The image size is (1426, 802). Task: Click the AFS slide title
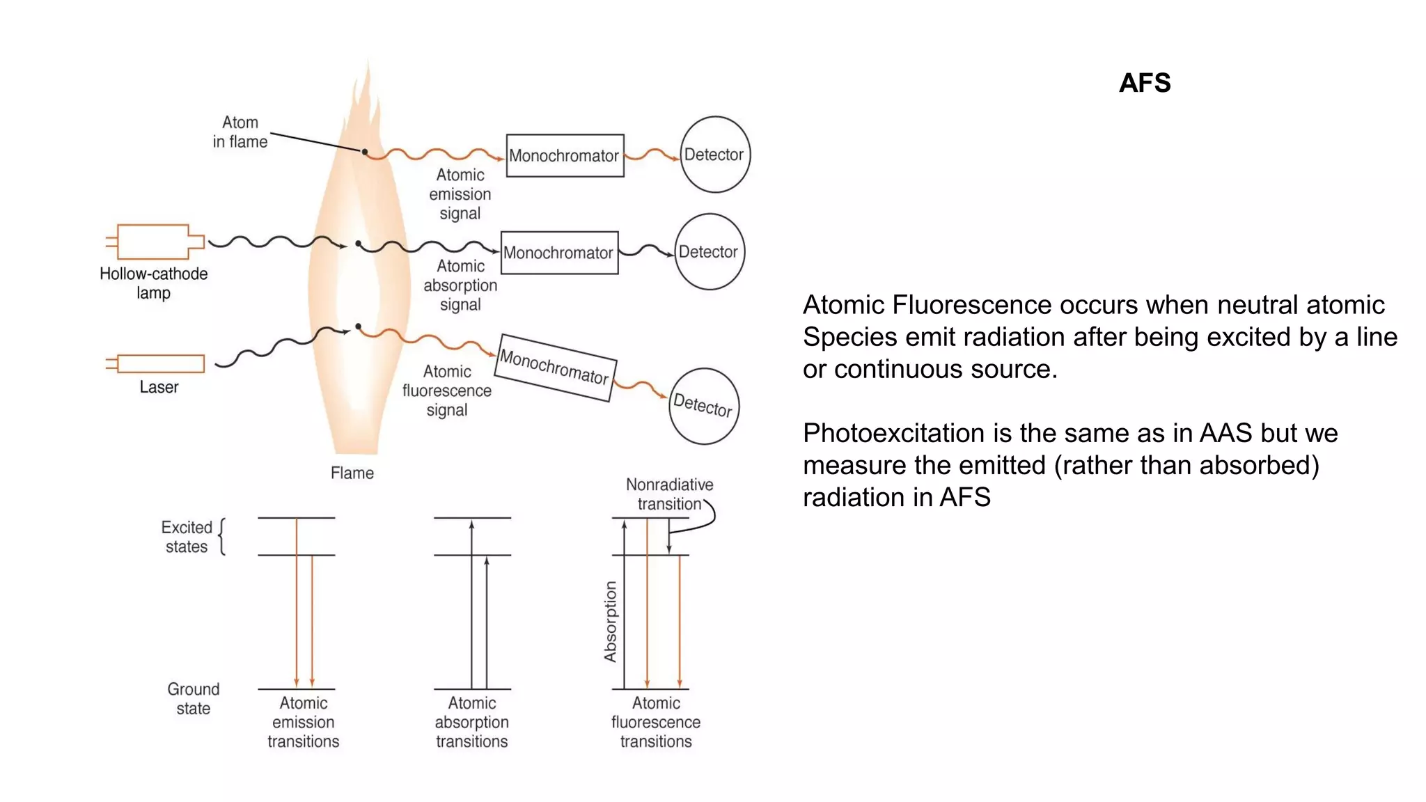tap(1144, 83)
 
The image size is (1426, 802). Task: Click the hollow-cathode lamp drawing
tap(154, 242)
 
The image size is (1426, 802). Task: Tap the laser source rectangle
tap(160, 363)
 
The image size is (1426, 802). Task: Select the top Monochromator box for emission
tap(565, 155)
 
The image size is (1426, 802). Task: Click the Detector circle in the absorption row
tap(709, 251)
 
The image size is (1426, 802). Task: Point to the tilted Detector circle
tap(703, 406)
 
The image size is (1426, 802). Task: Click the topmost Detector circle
tap(714, 155)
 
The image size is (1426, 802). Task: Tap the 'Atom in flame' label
tap(240, 132)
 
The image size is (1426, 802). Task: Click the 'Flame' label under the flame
tap(352, 473)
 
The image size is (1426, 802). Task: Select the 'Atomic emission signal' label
tap(460, 194)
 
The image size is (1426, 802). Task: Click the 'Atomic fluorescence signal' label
tap(447, 391)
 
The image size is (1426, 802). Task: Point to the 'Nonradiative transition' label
tap(669, 494)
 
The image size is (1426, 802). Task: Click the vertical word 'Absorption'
tap(610, 621)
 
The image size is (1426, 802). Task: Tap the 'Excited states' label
tap(186, 537)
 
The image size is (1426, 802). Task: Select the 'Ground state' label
tap(193, 698)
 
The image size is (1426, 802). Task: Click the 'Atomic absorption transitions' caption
tap(471, 722)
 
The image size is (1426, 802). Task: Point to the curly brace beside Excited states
tap(222, 536)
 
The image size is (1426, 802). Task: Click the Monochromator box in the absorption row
tap(559, 253)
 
